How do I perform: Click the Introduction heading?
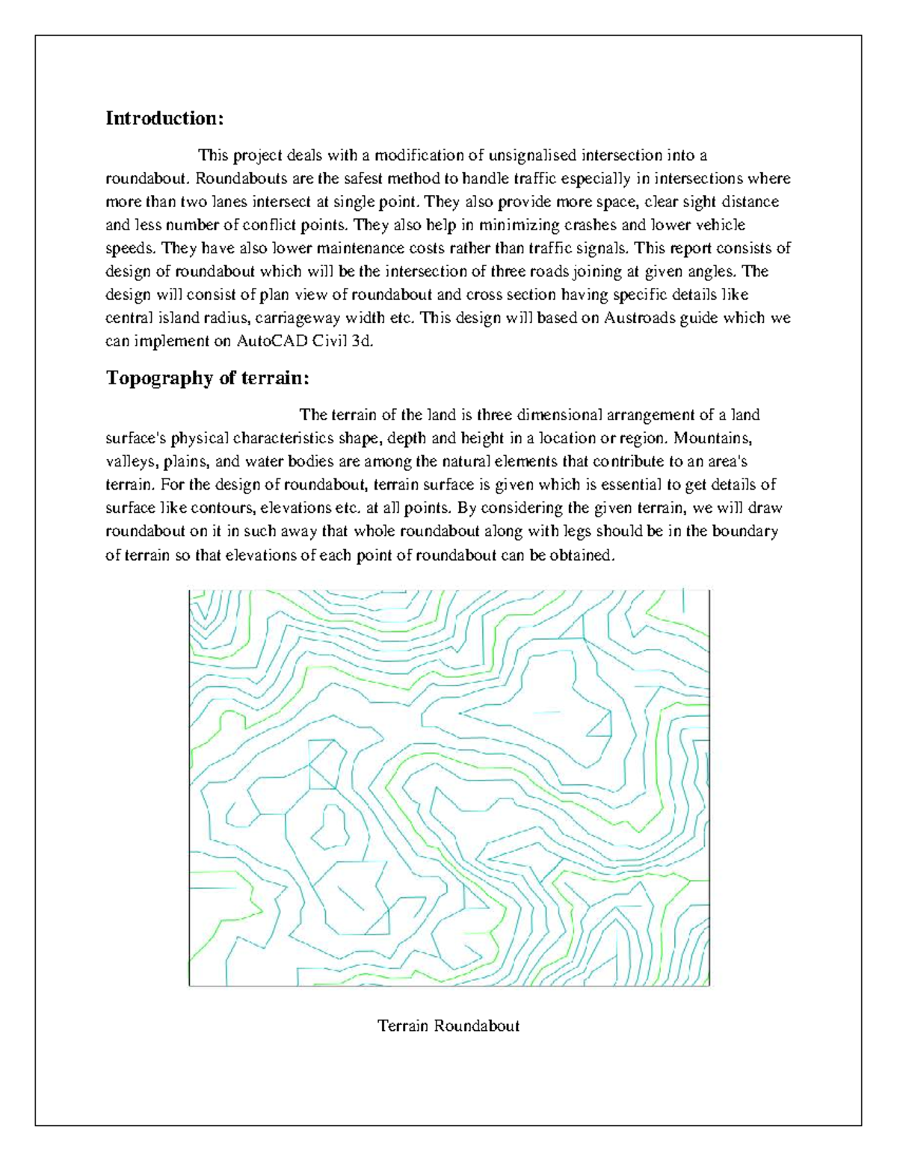point(164,118)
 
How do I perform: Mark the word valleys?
point(128,461)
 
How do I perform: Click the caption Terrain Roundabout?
point(449,1025)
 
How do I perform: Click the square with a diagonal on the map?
point(322,763)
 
